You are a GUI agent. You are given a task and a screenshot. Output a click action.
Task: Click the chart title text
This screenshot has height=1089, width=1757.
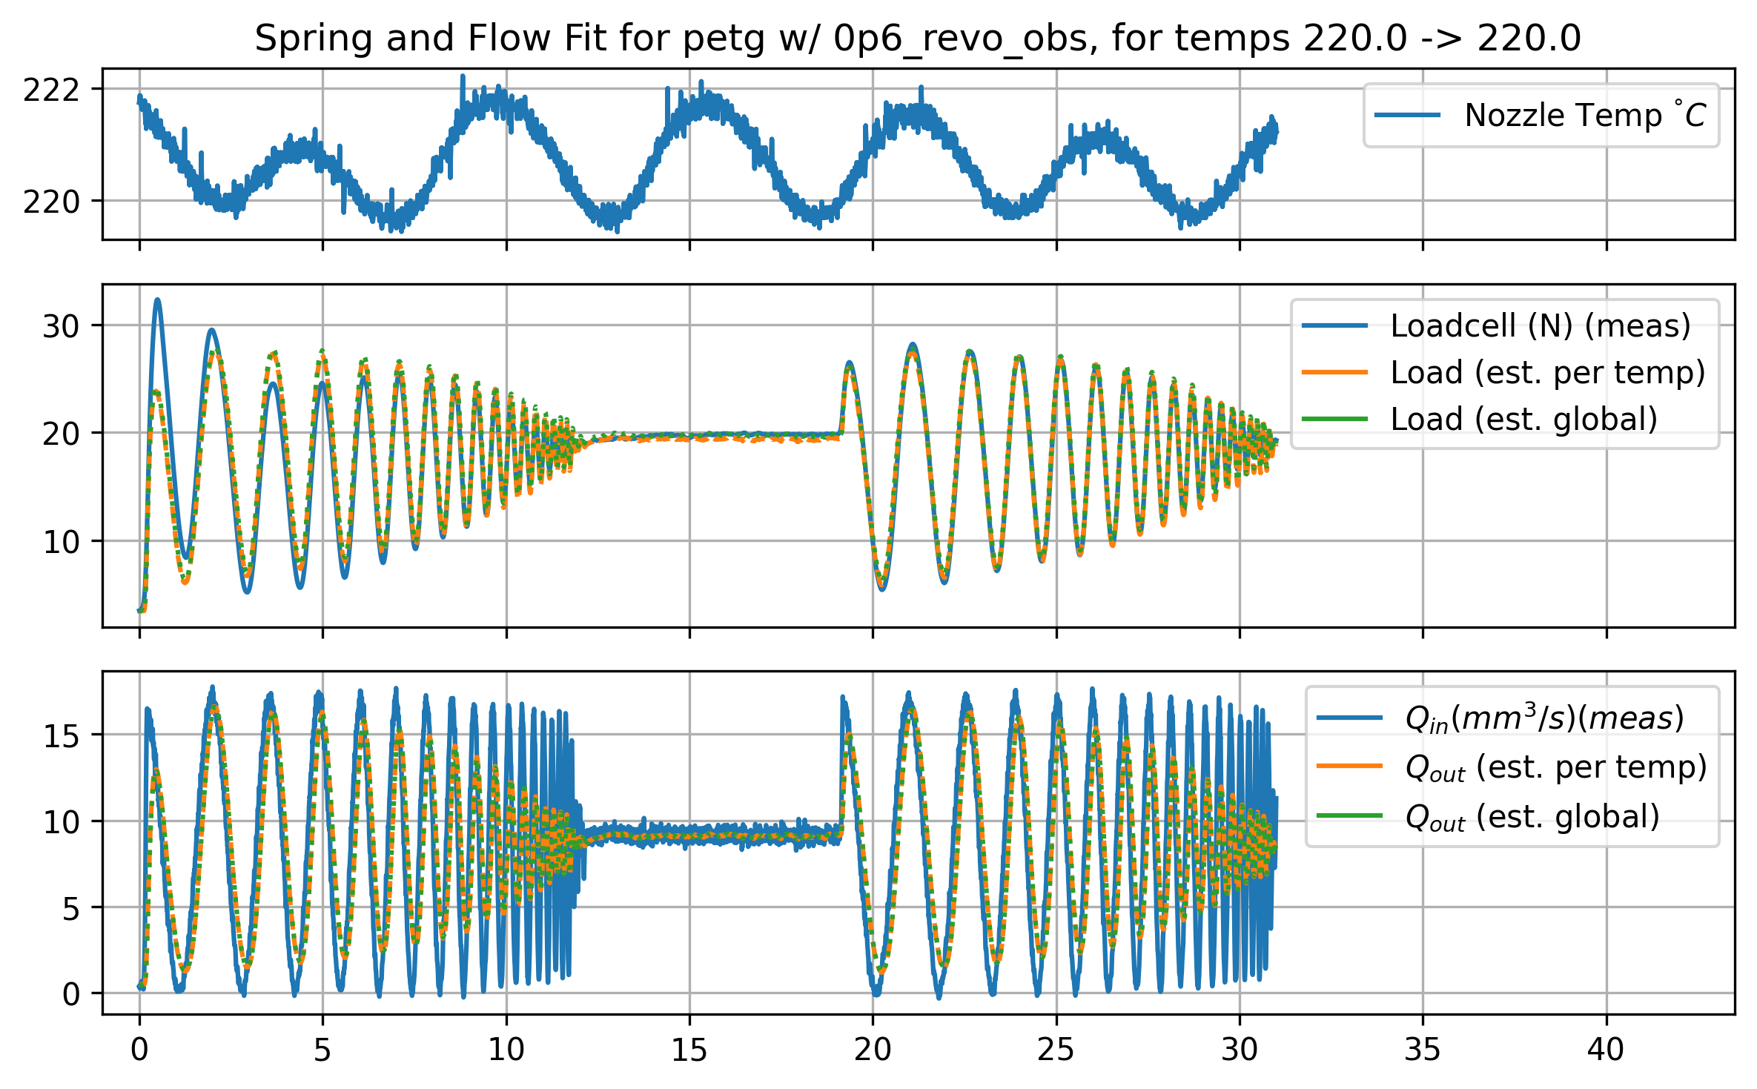point(918,39)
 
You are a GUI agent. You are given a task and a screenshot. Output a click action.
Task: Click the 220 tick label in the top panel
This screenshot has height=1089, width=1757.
point(50,202)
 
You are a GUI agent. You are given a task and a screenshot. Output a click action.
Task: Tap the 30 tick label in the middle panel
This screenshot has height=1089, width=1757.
point(61,326)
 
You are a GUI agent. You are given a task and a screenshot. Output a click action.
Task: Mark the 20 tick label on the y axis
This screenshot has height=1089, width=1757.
point(61,434)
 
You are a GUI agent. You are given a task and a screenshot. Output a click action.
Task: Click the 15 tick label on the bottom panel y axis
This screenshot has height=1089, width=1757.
point(61,735)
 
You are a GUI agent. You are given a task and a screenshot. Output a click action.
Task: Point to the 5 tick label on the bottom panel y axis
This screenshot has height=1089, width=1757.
point(70,908)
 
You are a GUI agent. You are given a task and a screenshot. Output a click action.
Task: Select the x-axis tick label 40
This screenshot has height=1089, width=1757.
point(1606,1050)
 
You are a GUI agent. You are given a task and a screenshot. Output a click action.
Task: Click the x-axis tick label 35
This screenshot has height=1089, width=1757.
point(1423,1050)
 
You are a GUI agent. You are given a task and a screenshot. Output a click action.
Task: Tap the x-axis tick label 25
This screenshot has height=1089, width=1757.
point(1056,1050)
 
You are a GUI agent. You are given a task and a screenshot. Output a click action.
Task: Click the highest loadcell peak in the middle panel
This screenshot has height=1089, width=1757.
point(157,300)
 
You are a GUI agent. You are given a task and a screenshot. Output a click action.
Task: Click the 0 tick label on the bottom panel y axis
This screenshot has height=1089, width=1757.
point(70,994)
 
